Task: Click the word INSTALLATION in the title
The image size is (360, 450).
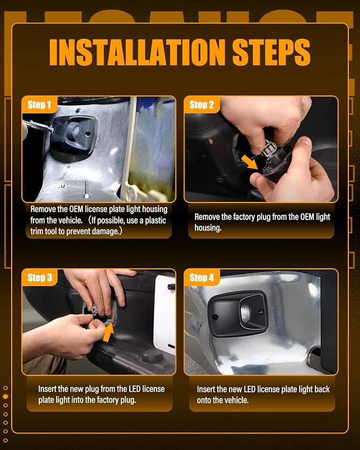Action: pos(137,52)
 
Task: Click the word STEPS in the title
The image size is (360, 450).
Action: pos(271,52)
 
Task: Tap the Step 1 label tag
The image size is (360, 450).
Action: pos(39,105)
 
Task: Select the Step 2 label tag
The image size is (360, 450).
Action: pos(201,105)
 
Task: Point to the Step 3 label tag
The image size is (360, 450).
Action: pos(40,278)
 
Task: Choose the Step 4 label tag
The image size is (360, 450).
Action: pos(201,278)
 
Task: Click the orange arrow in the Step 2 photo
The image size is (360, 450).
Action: pos(249,162)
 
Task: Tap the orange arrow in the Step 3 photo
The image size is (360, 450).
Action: pos(108,332)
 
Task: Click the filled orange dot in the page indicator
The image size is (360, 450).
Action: pos(5,396)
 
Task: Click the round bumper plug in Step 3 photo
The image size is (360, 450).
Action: pos(153,356)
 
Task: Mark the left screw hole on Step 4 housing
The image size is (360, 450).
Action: pos(215,317)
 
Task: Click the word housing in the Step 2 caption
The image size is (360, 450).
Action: pos(208,228)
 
